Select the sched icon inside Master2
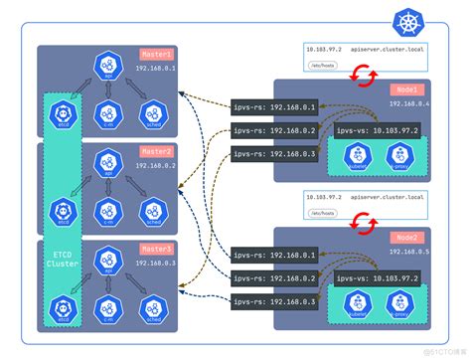pos(149,209)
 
